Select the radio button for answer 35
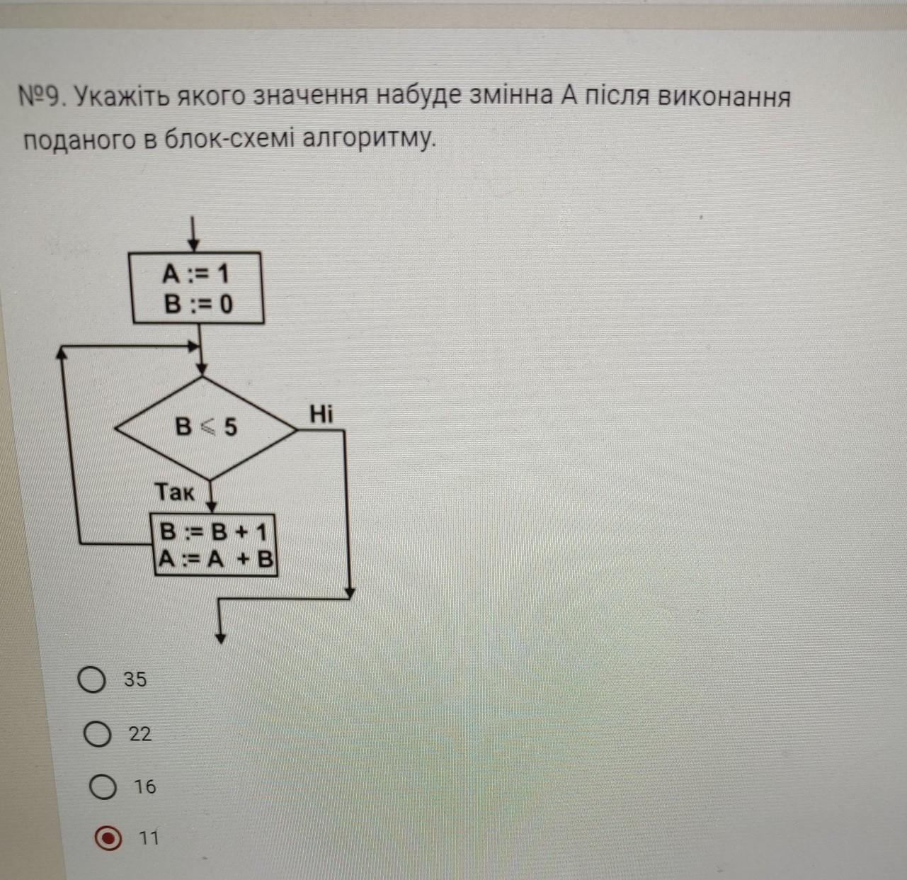coord(91,680)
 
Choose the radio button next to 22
coord(97,734)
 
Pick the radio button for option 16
coord(103,787)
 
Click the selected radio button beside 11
coord(107,839)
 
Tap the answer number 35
coord(135,679)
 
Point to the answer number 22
coord(140,734)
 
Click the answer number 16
coord(145,786)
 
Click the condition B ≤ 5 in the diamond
coord(206,427)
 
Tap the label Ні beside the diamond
coord(321,414)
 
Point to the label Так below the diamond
coord(174,492)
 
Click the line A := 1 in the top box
coord(195,273)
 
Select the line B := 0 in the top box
coord(198,304)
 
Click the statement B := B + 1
coord(213,531)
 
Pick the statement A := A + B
coord(215,560)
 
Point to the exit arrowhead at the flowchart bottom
coord(221,636)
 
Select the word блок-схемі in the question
coord(229,140)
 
